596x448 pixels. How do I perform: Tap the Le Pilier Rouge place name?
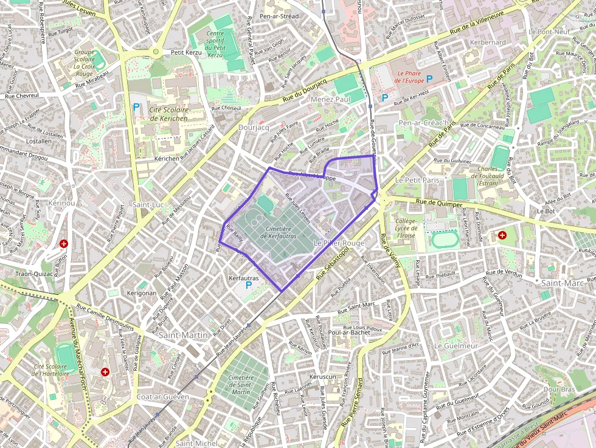339,243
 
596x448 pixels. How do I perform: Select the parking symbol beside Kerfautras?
248,285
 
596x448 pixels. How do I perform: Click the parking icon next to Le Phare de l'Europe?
429,78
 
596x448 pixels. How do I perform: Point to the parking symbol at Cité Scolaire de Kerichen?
136,107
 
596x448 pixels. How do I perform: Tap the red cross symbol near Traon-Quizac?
63,244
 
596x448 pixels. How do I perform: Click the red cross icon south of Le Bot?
502,235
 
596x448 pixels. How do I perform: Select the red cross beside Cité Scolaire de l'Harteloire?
105,371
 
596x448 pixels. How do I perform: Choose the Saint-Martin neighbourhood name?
182,335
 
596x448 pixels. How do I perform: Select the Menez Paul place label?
330,99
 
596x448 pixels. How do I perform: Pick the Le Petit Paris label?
417,181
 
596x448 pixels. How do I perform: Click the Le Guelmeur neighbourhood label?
456,345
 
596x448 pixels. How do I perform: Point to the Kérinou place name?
61,202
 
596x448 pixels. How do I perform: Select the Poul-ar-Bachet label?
348,332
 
